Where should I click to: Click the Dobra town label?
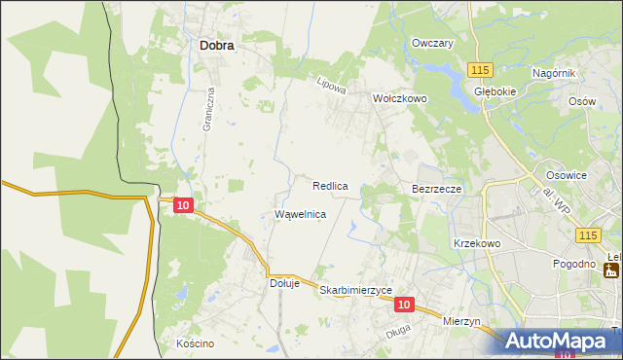[x=216, y=44]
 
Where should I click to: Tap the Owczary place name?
[x=433, y=44]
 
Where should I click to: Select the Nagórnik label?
[x=555, y=74]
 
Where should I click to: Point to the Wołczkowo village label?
[x=401, y=98]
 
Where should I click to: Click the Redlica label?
[x=331, y=185]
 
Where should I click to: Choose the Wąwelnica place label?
[x=300, y=213]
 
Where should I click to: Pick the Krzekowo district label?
[x=476, y=243]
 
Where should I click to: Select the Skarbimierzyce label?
[x=355, y=290]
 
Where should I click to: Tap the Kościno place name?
[x=195, y=344]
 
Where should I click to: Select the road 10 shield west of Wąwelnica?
[x=184, y=204]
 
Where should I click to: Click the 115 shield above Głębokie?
[x=479, y=70]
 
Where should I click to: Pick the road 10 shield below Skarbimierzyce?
[x=405, y=305]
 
